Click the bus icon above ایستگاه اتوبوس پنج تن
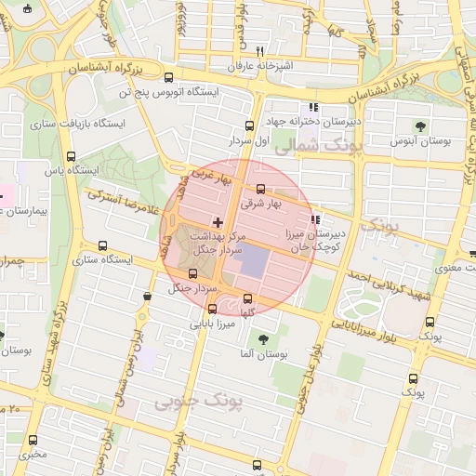click(168, 79)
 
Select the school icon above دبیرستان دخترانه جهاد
click(313, 107)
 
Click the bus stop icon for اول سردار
click(249, 126)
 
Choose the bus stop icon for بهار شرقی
click(260, 188)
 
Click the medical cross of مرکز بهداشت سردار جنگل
click(218, 222)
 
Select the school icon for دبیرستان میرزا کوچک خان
click(316, 220)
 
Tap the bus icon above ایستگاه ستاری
click(102, 245)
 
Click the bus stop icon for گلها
click(247, 299)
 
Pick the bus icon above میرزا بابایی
click(213, 310)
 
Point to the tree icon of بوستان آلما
click(264, 340)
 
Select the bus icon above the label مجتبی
click(33, 440)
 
